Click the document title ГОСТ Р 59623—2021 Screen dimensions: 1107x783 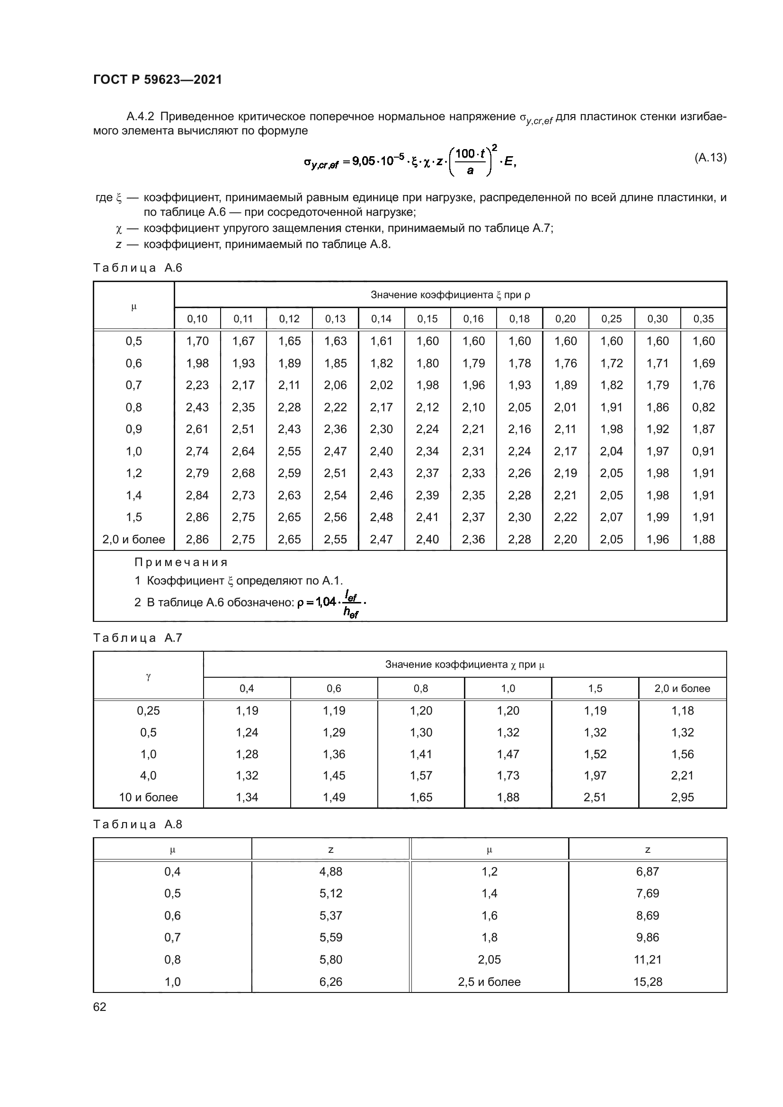pos(158,80)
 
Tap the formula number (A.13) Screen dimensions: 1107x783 pos(710,158)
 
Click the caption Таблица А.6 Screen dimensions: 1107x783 pos(137,268)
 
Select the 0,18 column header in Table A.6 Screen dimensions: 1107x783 pos(519,319)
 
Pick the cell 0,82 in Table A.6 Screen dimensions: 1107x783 pos(703,407)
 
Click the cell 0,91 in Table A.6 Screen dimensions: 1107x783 pos(703,452)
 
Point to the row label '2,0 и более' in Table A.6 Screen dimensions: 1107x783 pos(133,540)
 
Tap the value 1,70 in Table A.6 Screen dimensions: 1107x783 pos(197,341)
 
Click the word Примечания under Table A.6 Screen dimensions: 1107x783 pos(181,562)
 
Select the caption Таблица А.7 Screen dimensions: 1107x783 pos(137,638)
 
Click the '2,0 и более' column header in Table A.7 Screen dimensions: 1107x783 pos(682,689)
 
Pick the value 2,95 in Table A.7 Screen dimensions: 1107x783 pos(682,797)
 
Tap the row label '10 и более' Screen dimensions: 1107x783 pos(149,797)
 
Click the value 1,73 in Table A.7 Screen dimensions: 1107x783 pos(508,776)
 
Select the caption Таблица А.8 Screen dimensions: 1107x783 pos(137,824)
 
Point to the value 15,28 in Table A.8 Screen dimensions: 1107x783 pos(648,982)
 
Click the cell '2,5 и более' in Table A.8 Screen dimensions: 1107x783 pos(489,982)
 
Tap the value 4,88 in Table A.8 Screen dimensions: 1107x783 pos(331,872)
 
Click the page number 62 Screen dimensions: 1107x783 pos(100,1007)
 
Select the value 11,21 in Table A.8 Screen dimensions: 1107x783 pos(648,960)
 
